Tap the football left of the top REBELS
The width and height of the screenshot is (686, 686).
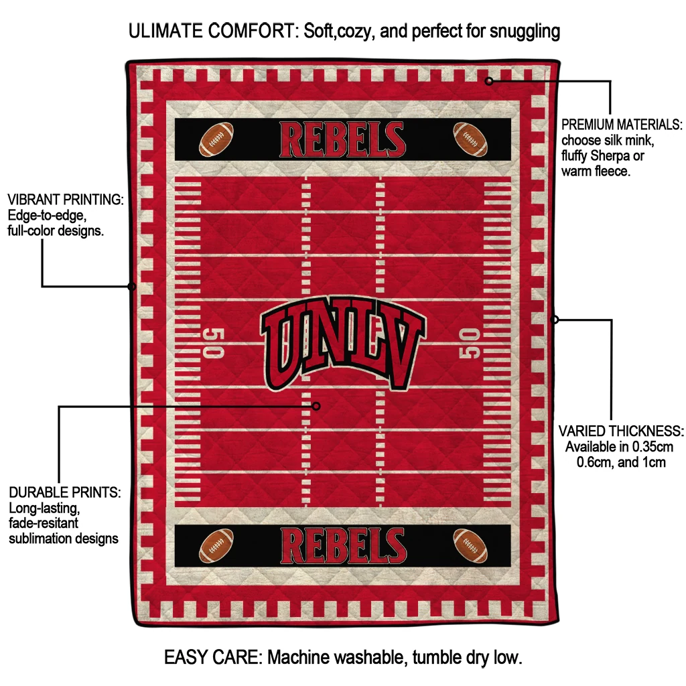coord(216,139)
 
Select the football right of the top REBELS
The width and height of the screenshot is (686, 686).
coord(470,139)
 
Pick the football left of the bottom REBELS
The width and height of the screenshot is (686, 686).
coord(216,545)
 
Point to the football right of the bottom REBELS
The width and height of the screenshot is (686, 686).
coord(470,545)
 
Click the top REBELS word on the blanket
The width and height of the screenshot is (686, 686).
coord(342,139)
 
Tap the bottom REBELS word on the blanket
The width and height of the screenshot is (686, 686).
coord(344,545)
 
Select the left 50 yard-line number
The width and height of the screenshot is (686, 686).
coord(214,343)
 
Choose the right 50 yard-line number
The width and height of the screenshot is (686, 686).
coord(470,344)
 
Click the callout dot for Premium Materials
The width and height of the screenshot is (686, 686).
coord(489,81)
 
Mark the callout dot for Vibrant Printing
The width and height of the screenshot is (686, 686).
coord(132,287)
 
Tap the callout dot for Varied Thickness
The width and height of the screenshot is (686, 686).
coord(555,320)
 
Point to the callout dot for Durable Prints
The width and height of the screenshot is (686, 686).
coord(316,407)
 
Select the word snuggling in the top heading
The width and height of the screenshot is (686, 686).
coord(525,31)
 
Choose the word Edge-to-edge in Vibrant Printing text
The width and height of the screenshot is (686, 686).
coord(47,216)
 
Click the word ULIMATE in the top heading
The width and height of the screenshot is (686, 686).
coord(166,31)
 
